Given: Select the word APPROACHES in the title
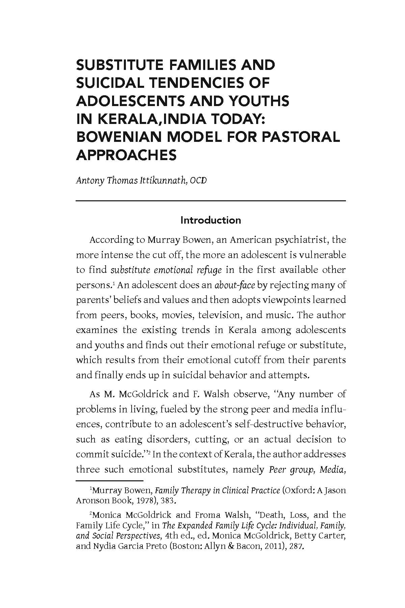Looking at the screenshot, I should pyautogui.click(x=126, y=155).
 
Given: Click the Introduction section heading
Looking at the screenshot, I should pyautogui.click(x=211, y=220).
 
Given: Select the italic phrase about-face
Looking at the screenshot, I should pyautogui.click(x=235, y=285).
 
